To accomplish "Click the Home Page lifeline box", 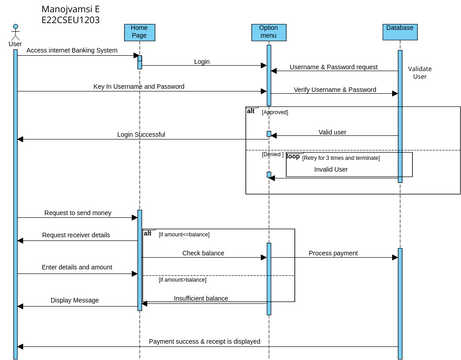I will (139, 31).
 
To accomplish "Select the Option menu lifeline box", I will (268, 31).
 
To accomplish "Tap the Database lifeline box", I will (399, 28).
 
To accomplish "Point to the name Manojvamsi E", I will (70, 8).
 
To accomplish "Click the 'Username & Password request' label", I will (333, 67).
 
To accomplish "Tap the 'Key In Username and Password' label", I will (139, 87).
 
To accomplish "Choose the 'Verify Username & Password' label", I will (335, 89).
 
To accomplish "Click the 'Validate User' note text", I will (419, 72).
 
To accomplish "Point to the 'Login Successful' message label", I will (141, 134).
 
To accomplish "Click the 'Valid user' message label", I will (333, 131).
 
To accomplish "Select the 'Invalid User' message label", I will (331, 170).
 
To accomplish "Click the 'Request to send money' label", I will (77, 213).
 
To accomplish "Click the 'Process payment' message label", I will (333, 253).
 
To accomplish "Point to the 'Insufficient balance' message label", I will (201, 298).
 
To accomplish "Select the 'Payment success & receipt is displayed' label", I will (205, 341).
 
